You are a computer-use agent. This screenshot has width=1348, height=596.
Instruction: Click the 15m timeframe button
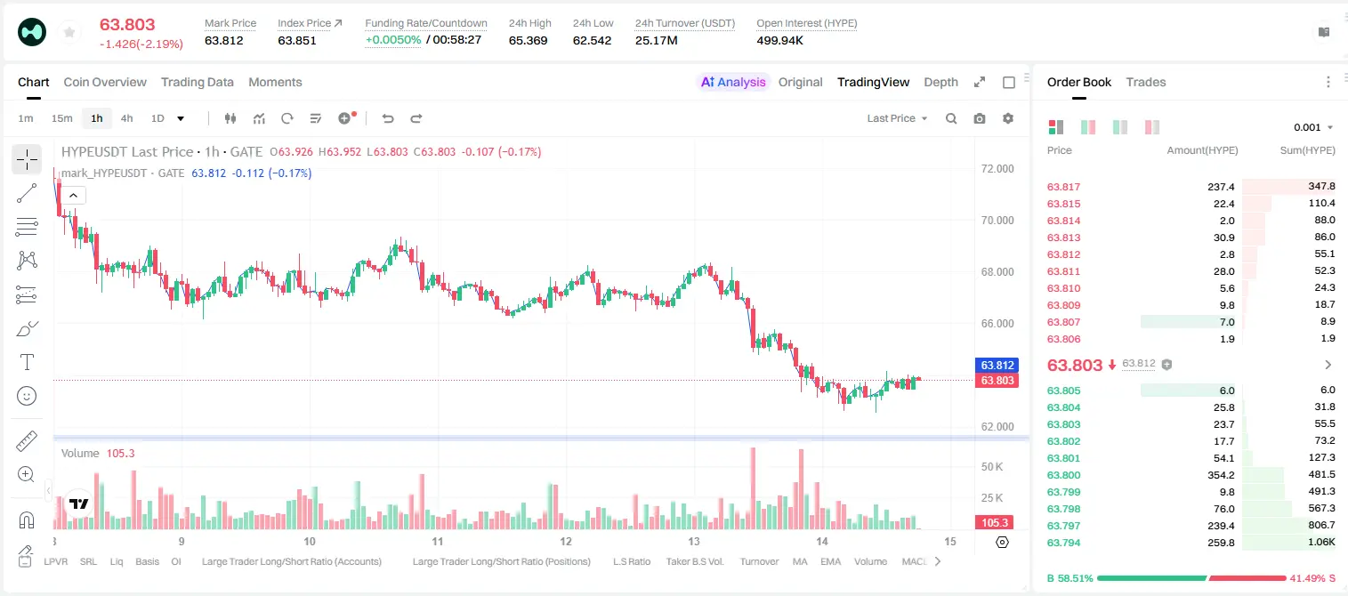point(62,118)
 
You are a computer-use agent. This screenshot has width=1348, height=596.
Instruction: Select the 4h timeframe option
point(126,118)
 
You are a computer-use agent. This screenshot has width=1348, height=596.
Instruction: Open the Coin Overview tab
point(105,82)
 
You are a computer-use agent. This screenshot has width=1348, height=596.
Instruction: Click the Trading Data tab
point(197,82)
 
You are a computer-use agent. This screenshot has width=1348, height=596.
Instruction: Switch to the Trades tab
point(1146,82)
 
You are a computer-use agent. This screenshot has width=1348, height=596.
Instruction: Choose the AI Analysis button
point(733,82)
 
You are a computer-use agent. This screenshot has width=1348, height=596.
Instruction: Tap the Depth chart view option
point(940,82)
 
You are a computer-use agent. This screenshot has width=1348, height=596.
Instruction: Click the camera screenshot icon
point(980,118)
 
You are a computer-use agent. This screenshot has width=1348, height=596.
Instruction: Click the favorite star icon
point(69,33)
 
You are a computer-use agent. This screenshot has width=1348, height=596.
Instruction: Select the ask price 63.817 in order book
point(1063,187)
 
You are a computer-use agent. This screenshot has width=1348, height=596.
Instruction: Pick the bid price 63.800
point(1063,475)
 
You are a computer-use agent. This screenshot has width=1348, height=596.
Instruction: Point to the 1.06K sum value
point(1321,542)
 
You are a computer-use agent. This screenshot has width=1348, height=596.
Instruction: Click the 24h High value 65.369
point(528,40)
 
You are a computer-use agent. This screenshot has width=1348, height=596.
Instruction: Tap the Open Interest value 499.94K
point(779,40)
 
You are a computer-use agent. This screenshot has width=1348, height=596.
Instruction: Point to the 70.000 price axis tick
point(997,220)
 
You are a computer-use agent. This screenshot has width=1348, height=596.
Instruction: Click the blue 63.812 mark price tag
point(997,365)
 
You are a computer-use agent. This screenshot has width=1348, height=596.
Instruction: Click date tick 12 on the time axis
point(566,541)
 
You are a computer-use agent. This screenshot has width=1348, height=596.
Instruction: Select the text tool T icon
point(27,362)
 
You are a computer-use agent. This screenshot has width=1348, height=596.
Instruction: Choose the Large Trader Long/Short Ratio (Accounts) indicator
point(291,561)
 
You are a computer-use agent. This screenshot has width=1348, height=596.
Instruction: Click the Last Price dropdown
point(897,118)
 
